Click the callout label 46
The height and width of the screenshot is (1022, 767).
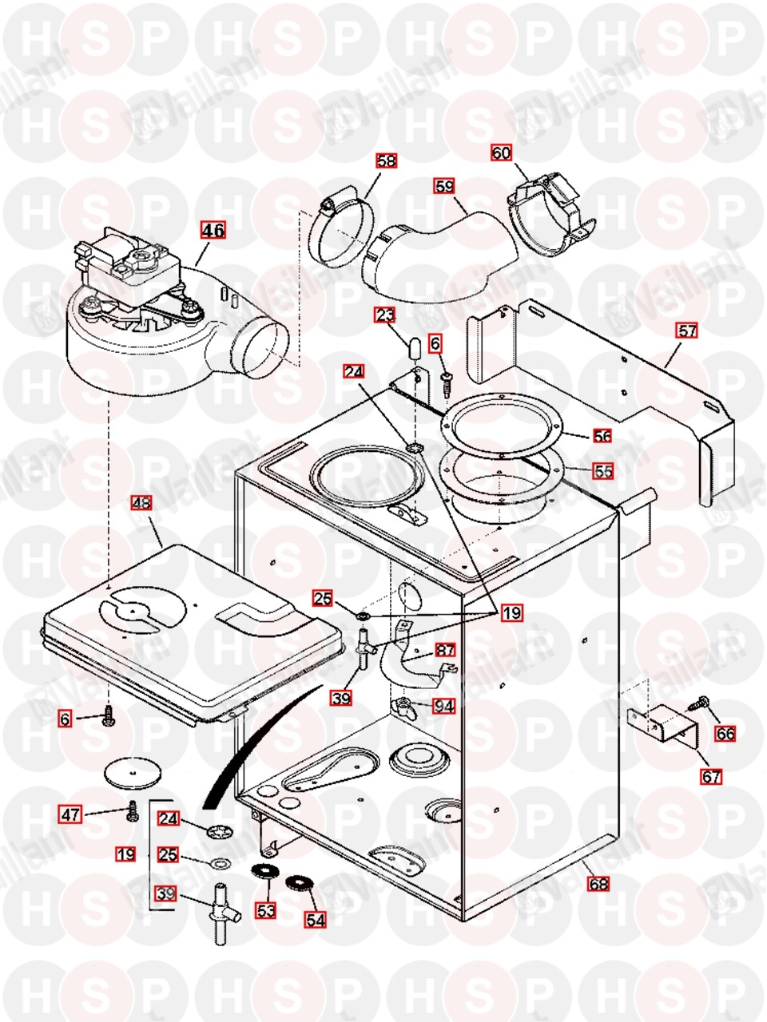pos(213,231)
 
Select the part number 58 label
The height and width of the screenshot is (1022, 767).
pos(387,161)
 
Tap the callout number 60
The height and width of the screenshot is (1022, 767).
pos(501,153)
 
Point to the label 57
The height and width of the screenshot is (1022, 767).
pos(686,330)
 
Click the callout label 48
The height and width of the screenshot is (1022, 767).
pos(141,503)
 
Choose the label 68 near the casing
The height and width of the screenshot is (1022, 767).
pos(598,884)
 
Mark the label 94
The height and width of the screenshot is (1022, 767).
pos(443,706)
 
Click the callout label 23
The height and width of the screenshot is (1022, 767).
pos(386,315)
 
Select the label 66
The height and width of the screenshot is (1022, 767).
pos(725,733)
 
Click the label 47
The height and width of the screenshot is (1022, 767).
pos(71,814)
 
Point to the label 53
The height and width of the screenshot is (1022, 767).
pos(265,909)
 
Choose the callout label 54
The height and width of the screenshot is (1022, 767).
pos(316,919)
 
